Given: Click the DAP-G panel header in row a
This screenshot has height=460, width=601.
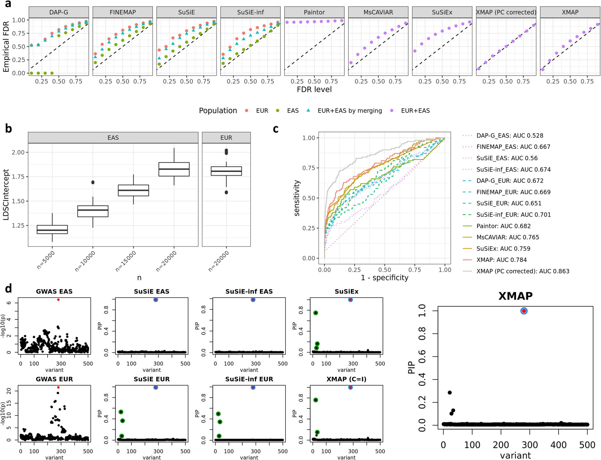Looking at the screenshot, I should point(59,12).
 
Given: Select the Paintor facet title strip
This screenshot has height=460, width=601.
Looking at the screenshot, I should point(314,12).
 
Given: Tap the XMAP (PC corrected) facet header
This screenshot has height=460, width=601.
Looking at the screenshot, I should point(506,12).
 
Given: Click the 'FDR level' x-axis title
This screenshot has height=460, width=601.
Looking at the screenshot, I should point(314,90).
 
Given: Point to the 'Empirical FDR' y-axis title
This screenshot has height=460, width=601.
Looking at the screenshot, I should point(6,47).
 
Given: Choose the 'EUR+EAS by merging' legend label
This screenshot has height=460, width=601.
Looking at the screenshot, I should point(349,111).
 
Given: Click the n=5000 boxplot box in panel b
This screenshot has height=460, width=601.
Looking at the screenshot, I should point(52,229).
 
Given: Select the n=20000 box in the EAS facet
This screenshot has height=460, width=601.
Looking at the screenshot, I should point(174,169).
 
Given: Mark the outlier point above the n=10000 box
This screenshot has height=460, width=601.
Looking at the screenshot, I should point(93,182).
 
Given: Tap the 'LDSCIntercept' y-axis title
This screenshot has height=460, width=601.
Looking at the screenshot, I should point(6,195).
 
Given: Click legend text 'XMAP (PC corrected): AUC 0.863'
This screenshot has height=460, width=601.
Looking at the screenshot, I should point(523,271).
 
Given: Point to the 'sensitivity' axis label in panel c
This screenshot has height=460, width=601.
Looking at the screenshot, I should point(297,198).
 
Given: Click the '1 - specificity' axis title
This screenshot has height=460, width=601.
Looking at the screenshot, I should point(384,278).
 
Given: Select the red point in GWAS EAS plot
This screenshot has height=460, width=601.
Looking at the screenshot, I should point(58,300).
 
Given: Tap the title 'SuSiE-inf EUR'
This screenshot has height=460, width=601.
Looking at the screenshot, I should point(249,379).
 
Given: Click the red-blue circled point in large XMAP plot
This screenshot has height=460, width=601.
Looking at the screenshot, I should point(524,311).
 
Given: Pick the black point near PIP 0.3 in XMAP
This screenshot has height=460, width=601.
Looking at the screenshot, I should point(450,392).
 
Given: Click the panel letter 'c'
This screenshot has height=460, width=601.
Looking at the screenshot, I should point(276,129).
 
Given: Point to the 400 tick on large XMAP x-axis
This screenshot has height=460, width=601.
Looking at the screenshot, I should point(558,445).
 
